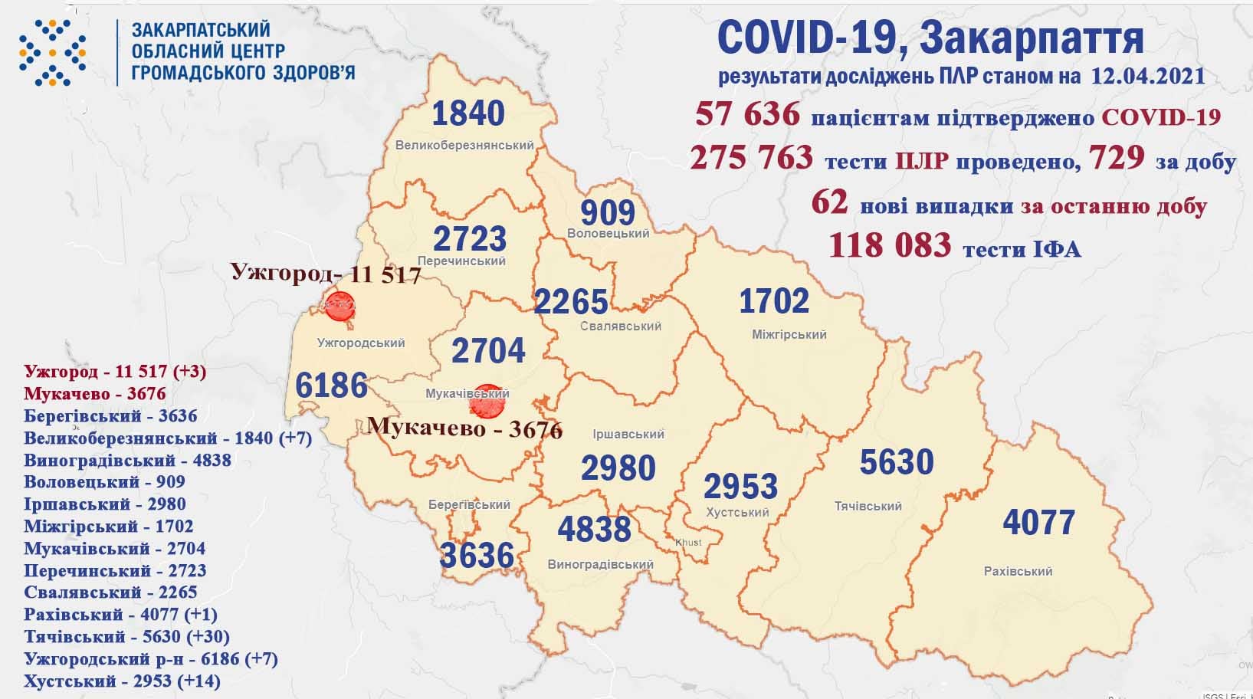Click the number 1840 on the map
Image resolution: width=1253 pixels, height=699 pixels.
tap(467, 113)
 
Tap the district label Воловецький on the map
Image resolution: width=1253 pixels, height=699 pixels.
tap(608, 233)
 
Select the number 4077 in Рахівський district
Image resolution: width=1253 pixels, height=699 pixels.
tap(1039, 523)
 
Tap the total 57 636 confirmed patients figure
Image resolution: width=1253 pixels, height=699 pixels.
tap(747, 116)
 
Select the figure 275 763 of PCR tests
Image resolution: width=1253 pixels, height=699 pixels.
tap(751, 158)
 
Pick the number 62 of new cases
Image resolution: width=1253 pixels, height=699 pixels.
tap(830, 202)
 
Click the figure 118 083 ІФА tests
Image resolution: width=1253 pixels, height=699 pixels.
tap(890, 246)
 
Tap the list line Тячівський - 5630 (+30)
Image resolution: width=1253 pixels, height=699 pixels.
tap(126, 636)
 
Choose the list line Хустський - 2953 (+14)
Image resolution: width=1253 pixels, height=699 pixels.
tap(122, 681)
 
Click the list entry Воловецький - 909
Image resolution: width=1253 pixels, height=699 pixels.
tap(104, 482)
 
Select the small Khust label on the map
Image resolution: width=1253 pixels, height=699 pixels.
tap(687, 543)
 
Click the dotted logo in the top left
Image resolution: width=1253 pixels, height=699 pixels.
tap(52, 52)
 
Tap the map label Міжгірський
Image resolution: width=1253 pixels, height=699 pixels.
tap(789, 334)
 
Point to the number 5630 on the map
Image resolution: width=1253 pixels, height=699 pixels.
tap(896, 462)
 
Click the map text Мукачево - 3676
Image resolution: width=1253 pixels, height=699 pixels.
tap(464, 428)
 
